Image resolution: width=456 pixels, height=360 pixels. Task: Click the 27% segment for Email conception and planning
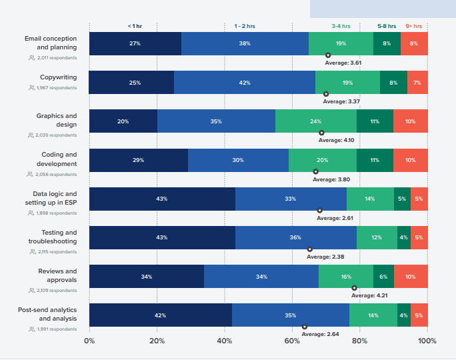pyautogui.click(x=135, y=43)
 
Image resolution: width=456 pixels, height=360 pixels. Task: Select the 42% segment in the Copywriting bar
pyautogui.click(x=244, y=83)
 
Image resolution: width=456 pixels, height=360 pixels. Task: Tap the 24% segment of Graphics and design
pyautogui.click(x=315, y=121)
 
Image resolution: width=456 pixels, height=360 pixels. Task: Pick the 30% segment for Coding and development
pyautogui.click(x=238, y=161)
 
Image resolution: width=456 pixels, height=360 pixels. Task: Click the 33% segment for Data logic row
pyautogui.click(x=291, y=199)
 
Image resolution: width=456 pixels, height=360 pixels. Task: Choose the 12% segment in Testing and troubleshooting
pyautogui.click(x=377, y=237)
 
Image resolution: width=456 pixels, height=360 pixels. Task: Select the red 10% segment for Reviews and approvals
pyautogui.click(x=410, y=277)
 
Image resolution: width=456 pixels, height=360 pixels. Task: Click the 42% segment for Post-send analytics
pyautogui.click(x=160, y=315)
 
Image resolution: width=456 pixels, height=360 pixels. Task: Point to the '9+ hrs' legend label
pyautogui.click(x=413, y=26)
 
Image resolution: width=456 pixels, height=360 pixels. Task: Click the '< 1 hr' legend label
pyautogui.click(x=135, y=26)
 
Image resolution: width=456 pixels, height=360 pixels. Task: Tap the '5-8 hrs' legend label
pyautogui.click(x=387, y=26)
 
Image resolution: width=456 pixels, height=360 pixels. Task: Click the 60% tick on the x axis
pyautogui.click(x=292, y=341)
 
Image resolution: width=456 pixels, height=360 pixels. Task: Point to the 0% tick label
pyautogui.click(x=89, y=341)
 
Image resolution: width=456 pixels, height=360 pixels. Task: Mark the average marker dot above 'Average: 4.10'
pyautogui.click(x=321, y=133)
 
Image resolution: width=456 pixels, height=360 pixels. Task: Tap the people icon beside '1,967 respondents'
pyautogui.click(x=32, y=87)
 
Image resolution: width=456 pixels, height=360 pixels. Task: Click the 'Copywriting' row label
pyautogui.click(x=58, y=77)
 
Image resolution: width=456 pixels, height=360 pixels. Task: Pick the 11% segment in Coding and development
pyautogui.click(x=375, y=161)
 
